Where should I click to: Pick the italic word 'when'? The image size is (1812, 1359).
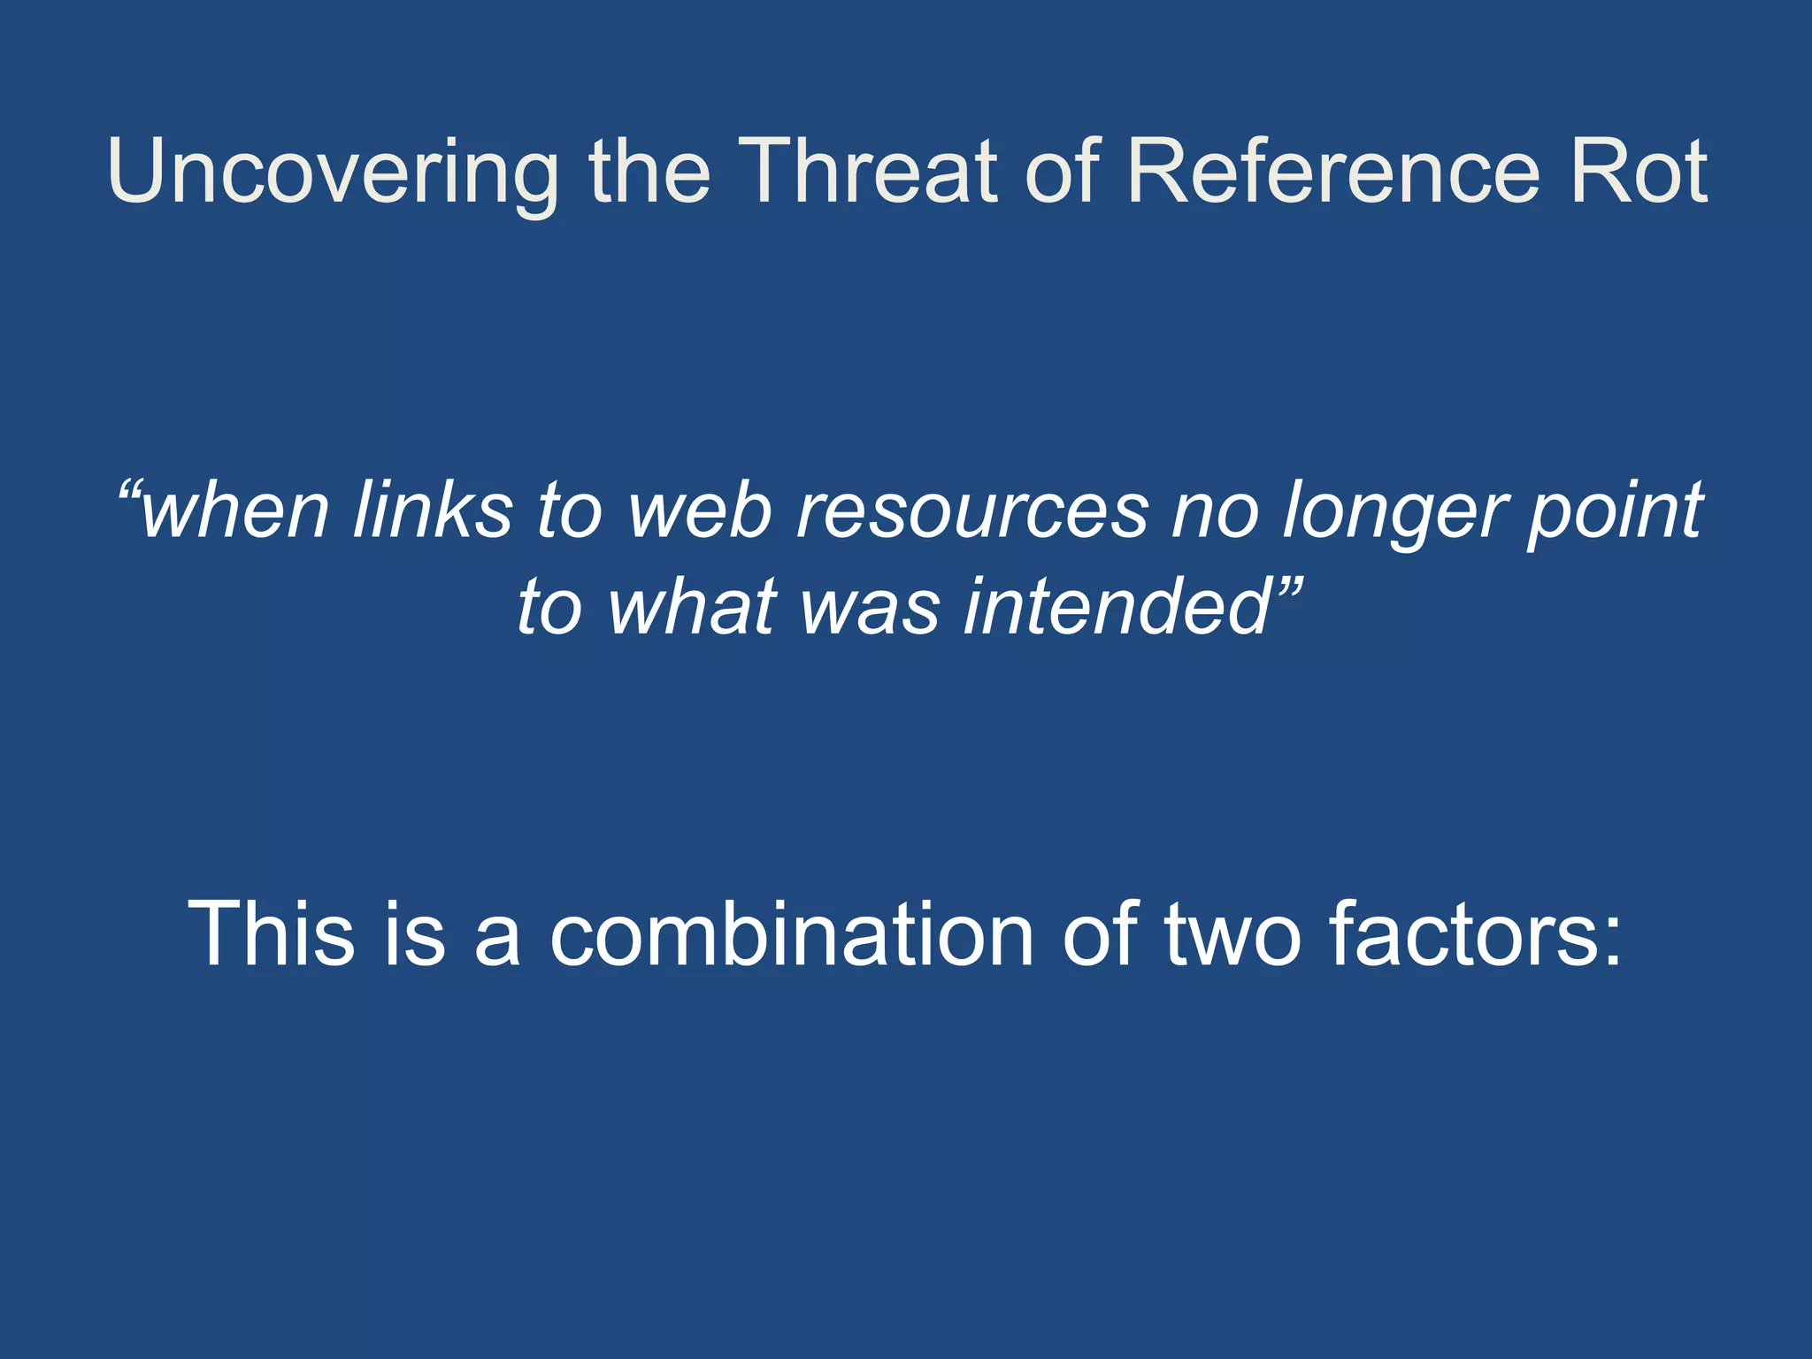pyautogui.click(x=235, y=511)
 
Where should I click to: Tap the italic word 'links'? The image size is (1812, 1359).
pyautogui.click(x=433, y=511)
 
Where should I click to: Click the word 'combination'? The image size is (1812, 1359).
pyautogui.click(x=791, y=933)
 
